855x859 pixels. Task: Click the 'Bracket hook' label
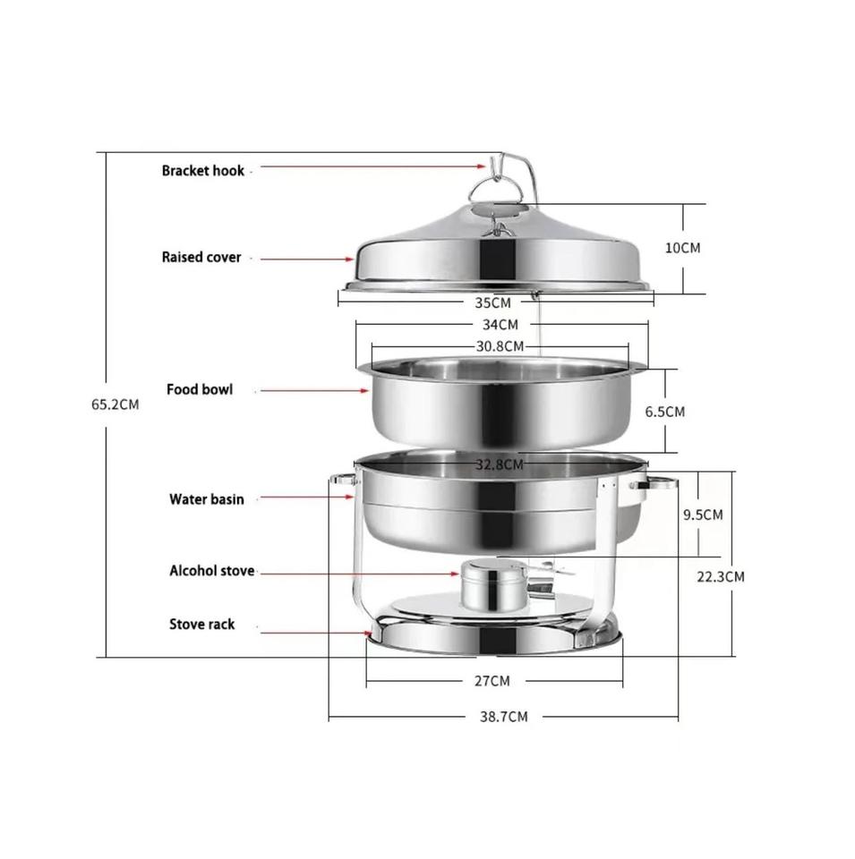pos(203,171)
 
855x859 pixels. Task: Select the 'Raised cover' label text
pos(201,258)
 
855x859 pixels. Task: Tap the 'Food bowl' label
pos(200,389)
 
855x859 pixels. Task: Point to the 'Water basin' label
pos(206,499)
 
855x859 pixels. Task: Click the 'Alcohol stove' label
pos(211,571)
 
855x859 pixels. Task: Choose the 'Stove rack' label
pos(201,625)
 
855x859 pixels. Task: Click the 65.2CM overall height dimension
pos(115,404)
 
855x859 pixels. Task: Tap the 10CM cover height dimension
pos(683,248)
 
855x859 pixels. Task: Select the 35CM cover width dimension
pos(492,302)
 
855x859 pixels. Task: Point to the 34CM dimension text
pos(500,325)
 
